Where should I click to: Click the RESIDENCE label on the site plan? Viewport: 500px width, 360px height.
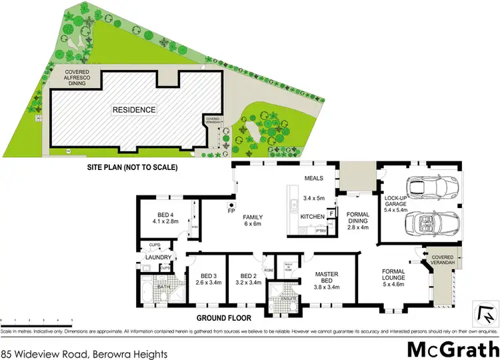(134, 110)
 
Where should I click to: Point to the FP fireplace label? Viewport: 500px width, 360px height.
(233, 211)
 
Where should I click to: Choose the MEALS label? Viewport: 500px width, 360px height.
(313, 178)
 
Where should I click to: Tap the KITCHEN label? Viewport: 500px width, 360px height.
(313, 217)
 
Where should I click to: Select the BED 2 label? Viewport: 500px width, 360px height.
(246, 279)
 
